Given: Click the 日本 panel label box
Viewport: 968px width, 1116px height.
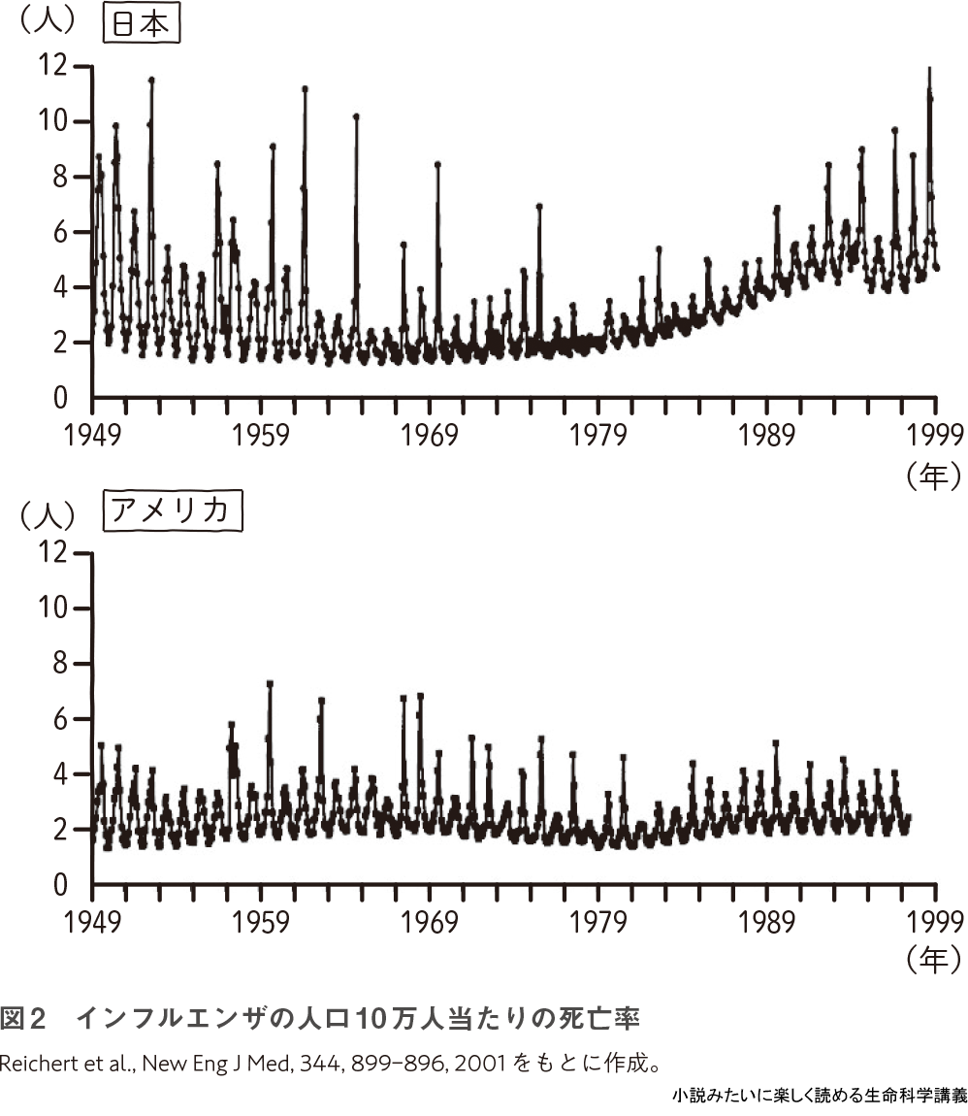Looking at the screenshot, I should click(x=142, y=25).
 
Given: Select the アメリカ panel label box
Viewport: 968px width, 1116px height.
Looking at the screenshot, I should click(x=173, y=511).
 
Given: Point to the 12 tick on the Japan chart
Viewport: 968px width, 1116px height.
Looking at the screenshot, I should click(x=53, y=66).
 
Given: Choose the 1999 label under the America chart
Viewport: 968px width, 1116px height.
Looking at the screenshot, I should click(x=934, y=920).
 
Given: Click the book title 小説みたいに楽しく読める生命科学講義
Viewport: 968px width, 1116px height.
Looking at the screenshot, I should click(x=819, y=1097).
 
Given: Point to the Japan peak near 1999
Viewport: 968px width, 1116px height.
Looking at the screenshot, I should click(x=929, y=70).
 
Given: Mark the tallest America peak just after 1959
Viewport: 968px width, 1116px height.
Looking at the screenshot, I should click(x=270, y=683).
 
